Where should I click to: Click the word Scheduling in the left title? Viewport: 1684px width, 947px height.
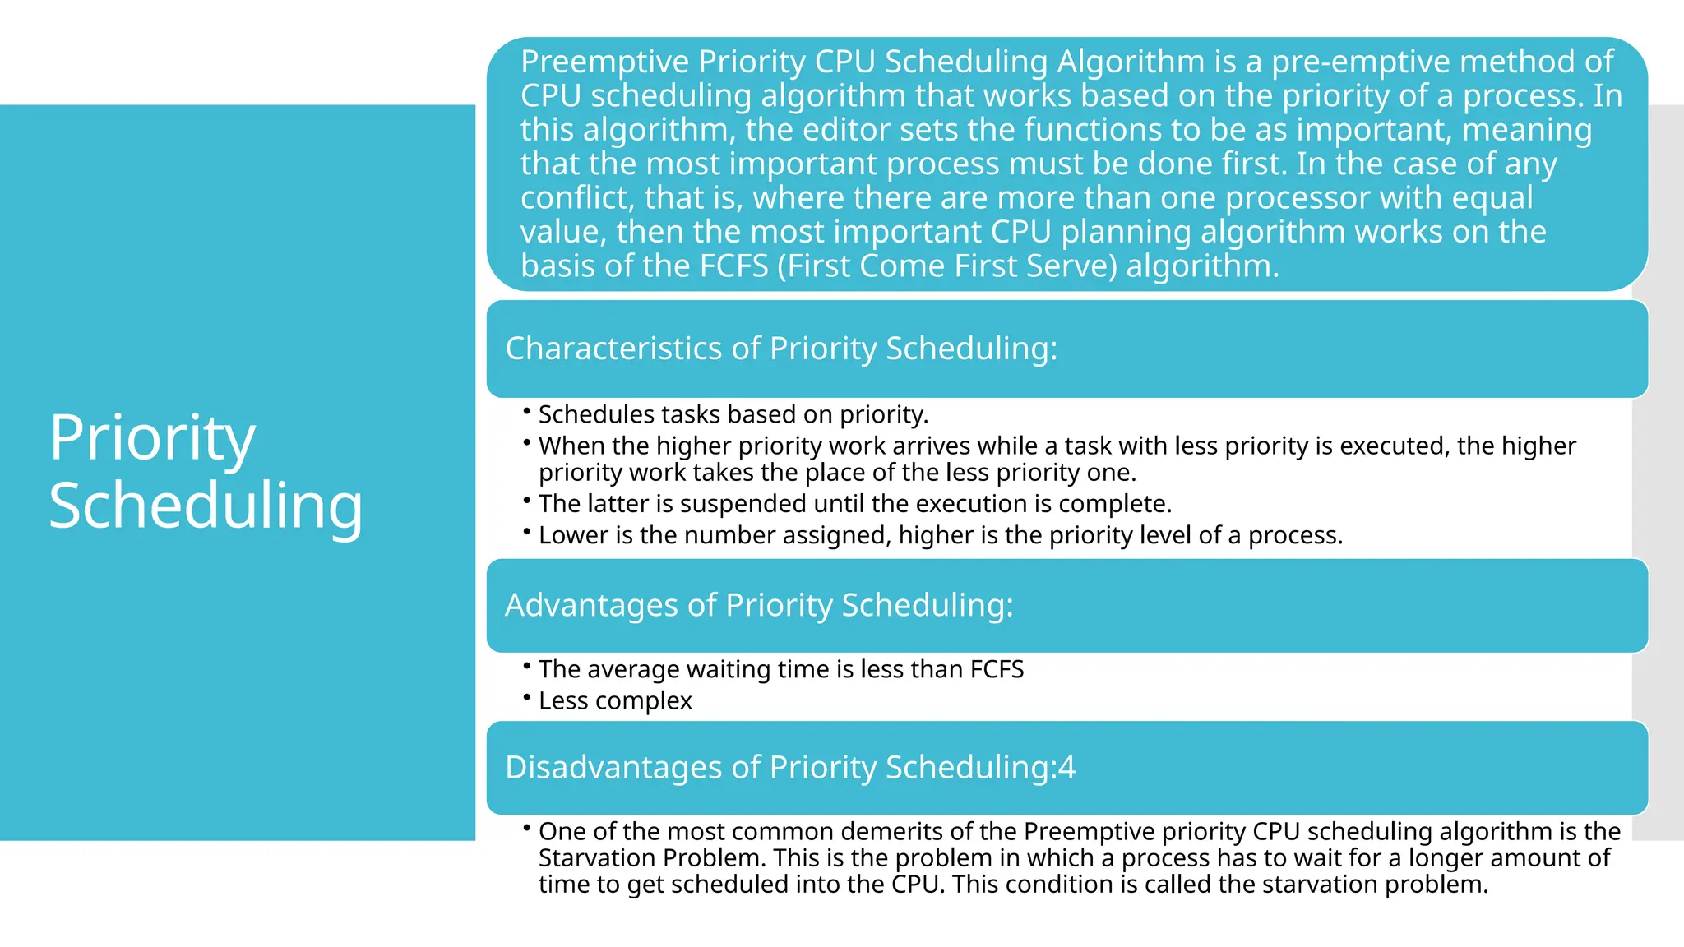206,506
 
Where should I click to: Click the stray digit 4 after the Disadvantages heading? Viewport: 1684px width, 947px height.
1066,768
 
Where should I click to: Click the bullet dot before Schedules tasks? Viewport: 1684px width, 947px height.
526,410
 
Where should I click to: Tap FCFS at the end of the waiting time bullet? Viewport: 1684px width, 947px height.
997,670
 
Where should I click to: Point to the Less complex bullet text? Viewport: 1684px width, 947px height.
615,701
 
